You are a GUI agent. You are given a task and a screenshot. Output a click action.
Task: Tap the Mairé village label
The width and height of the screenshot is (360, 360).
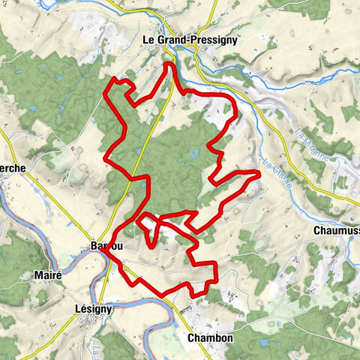[x=48, y=275]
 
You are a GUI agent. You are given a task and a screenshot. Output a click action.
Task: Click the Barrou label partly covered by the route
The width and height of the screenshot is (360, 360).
[x=106, y=246]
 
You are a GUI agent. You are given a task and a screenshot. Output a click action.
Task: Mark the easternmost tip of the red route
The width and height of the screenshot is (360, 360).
[x=259, y=174]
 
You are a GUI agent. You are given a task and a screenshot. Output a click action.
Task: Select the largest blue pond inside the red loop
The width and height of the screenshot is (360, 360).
[x=194, y=154]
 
